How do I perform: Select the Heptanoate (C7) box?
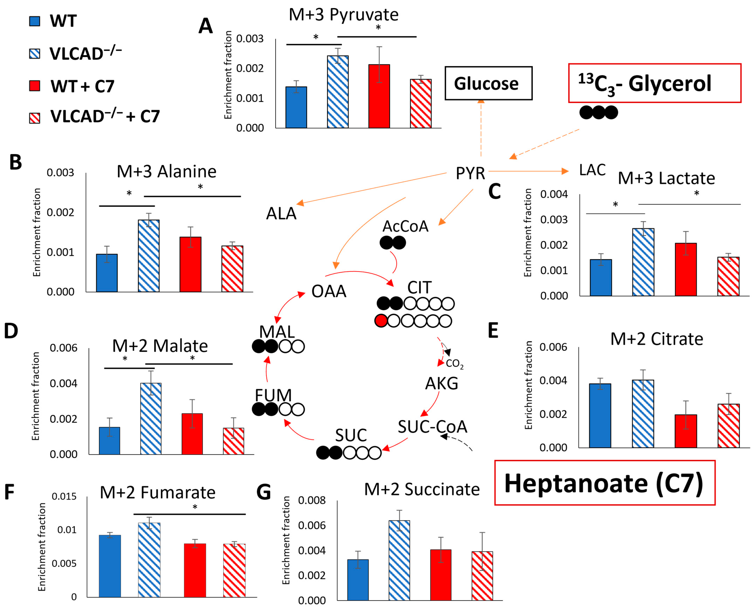(x=604, y=483)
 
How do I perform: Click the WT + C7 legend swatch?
(x=35, y=86)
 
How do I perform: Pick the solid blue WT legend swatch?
(x=35, y=21)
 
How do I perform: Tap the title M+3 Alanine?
(x=166, y=171)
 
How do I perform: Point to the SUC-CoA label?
(x=432, y=427)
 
